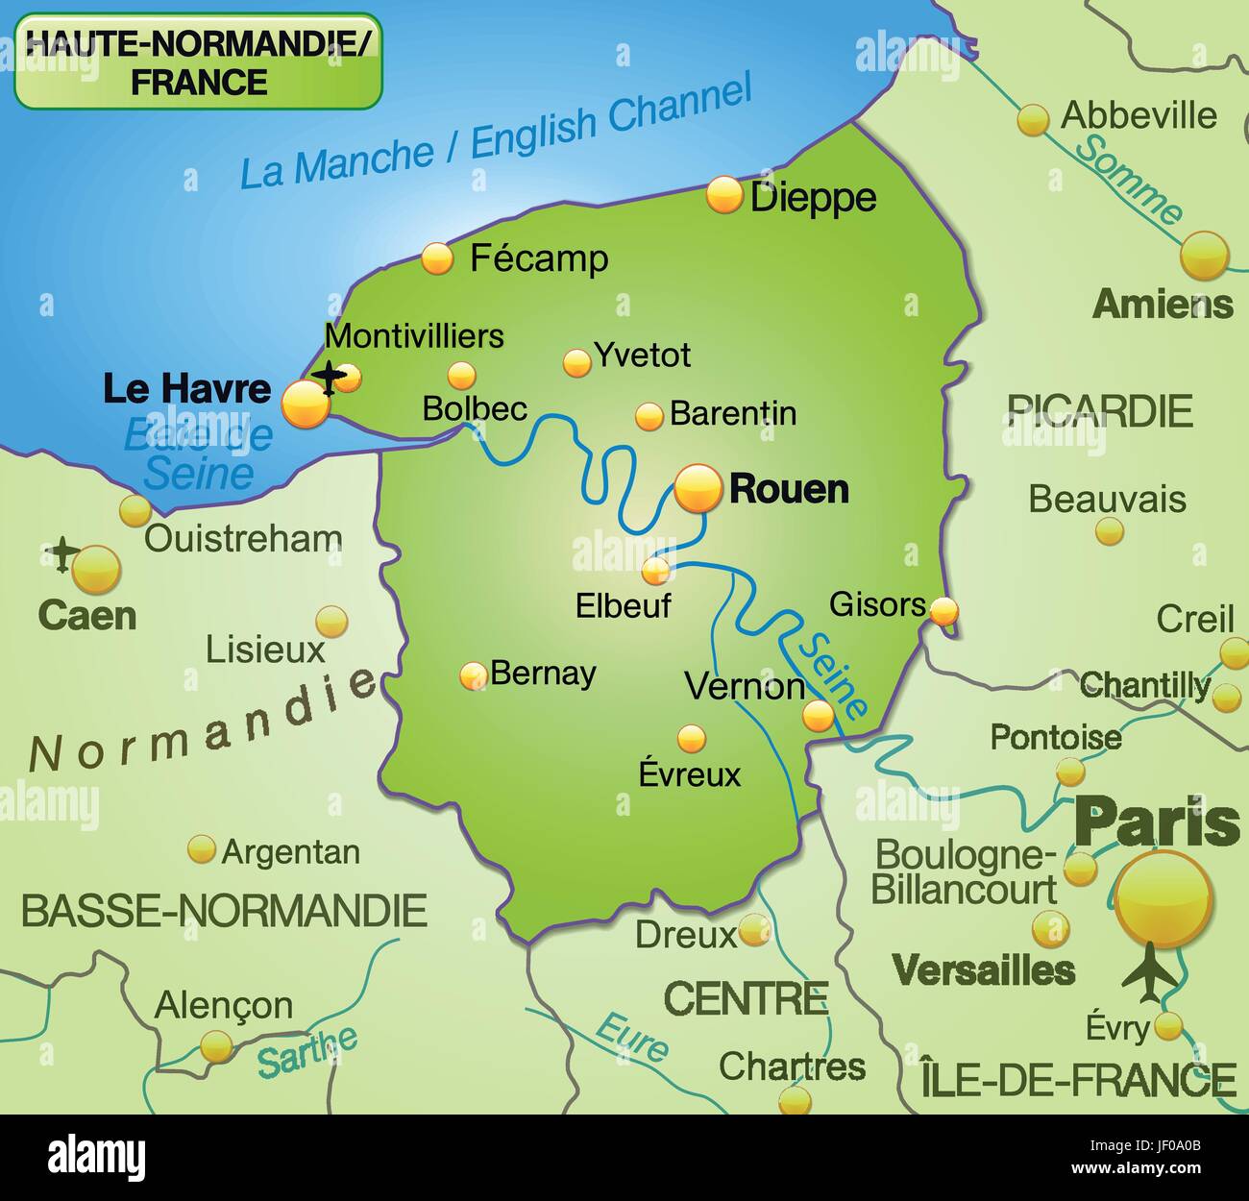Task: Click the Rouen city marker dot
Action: point(698,488)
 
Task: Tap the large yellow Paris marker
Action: point(1164,900)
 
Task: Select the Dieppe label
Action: point(813,198)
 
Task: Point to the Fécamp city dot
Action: point(437,258)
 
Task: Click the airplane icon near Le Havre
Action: point(331,378)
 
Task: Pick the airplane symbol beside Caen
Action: point(63,554)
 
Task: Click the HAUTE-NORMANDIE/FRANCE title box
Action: point(199,61)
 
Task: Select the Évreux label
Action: point(690,774)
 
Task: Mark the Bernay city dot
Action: point(473,675)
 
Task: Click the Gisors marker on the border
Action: point(944,609)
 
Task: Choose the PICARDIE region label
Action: point(1100,411)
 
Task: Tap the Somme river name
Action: point(1129,180)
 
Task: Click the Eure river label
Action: point(631,1038)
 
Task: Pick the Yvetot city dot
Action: point(576,362)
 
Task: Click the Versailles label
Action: point(983,970)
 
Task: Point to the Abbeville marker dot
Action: point(1033,120)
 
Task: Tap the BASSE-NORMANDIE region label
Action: point(224,910)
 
